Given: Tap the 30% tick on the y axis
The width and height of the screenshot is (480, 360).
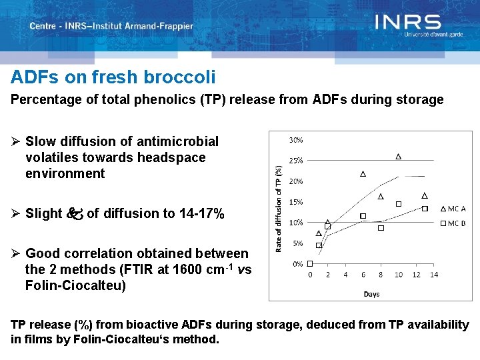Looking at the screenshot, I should coord(296,140).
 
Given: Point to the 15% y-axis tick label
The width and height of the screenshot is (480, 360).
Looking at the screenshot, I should coord(296,202).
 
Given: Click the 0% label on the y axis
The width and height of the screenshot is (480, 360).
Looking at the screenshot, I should coord(298,264).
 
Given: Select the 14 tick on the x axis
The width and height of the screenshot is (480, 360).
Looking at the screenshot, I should coord(434,275).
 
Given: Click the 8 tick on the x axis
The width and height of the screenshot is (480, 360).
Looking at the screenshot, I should coord(381,275).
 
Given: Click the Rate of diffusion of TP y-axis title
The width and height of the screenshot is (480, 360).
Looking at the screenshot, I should coord(279,209).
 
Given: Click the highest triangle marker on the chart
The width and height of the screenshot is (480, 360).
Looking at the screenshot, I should coord(399,157).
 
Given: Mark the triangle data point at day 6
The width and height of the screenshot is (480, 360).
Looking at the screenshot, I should coord(363,174).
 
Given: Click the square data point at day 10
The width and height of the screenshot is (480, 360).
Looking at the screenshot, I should coord(399,204).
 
